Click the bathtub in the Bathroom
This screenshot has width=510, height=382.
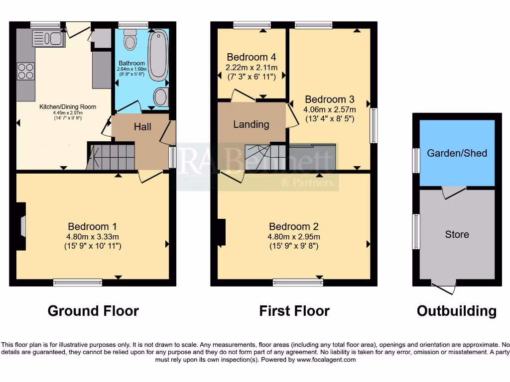(x=158, y=55)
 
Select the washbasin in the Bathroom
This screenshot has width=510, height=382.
(x=161, y=97)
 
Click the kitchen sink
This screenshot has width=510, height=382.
(x=49, y=38)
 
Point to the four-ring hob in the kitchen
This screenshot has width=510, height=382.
(x=26, y=71)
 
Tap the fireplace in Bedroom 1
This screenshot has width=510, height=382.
(x=21, y=226)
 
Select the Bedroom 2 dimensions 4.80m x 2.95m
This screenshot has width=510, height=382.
(x=294, y=236)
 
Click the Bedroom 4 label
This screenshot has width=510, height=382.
(x=252, y=57)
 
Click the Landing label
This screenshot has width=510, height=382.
(x=251, y=124)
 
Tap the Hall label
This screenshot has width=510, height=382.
(x=142, y=127)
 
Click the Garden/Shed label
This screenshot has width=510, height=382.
(x=457, y=153)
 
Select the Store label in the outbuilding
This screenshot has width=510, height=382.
(x=457, y=234)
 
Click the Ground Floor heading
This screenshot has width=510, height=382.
(x=93, y=311)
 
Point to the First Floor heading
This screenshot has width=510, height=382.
(x=294, y=311)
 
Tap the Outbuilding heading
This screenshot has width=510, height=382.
(x=456, y=311)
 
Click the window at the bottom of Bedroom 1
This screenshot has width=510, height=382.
(x=78, y=283)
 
